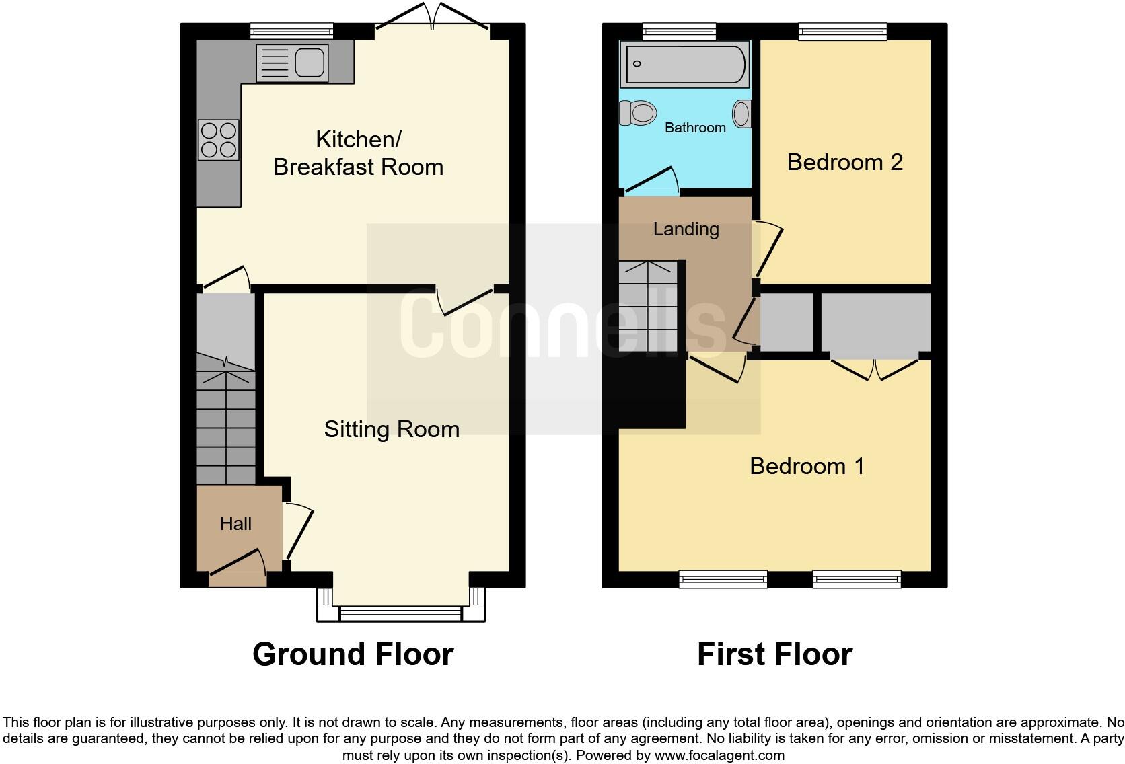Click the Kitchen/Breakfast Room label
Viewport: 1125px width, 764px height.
click(x=358, y=153)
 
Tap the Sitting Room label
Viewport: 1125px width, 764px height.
click(x=392, y=429)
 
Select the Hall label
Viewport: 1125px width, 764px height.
click(x=235, y=523)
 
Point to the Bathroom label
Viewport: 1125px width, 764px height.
click(x=695, y=128)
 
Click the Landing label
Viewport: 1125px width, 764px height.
click(x=686, y=229)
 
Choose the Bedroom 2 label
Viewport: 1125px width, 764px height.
click(x=844, y=162)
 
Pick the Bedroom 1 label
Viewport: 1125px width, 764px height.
click(x=807, y=466)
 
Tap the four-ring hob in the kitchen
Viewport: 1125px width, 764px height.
click(x=219, y=140)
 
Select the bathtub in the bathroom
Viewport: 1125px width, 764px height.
click(x=684, y=64)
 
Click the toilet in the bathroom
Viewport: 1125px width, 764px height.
click(x=638, y=113)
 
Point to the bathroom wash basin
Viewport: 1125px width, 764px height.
click(x=741, y=114)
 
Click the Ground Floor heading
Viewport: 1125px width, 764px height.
click(x=353, y=654)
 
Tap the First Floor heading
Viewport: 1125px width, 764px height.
click(x=774, y=654)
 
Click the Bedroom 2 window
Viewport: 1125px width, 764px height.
click(x=842, y=31)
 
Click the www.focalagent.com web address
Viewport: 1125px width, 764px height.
click(x=719, y=755)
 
